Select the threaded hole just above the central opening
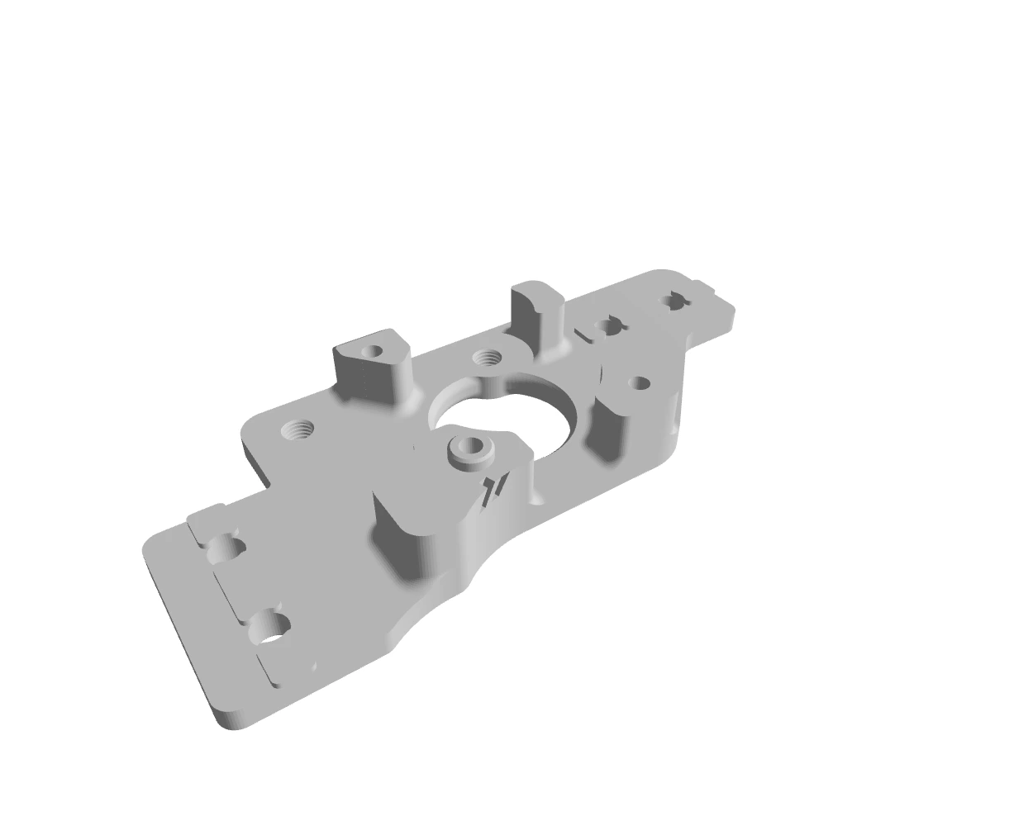487,358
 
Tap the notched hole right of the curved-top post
608,325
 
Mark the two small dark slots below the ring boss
494,487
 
